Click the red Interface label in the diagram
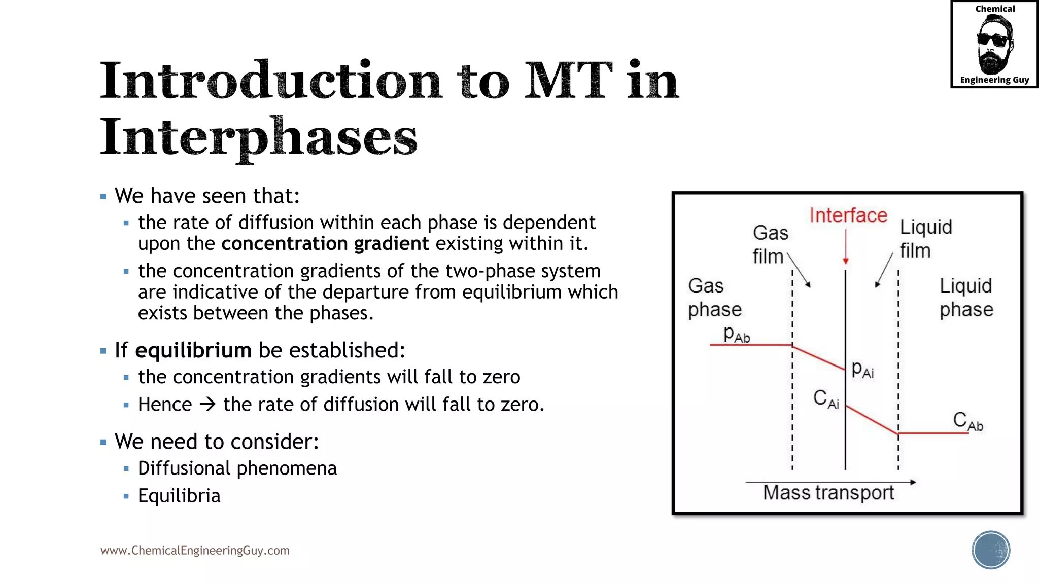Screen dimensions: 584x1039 coord(848,215)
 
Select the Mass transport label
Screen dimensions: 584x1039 coord(828,493)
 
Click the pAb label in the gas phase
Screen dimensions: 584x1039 coord(737,335)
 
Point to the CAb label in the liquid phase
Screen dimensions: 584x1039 coord(967,421)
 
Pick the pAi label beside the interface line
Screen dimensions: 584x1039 coord(862,370)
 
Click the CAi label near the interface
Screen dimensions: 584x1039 coord(826,399)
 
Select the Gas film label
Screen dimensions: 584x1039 coord(770,244)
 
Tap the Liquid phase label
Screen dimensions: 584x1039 coord(966,298)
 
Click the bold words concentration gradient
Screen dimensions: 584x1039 coord(325,244)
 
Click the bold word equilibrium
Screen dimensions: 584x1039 coord(193,350)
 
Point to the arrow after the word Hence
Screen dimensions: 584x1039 coord(207,405)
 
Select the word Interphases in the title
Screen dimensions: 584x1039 coord(258,137)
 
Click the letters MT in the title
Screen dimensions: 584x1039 coord(568,81)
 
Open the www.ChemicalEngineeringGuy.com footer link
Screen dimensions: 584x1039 coord(195,551)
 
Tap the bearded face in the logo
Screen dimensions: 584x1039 coord(994,45)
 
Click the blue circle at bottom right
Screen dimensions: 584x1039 coord(991,550)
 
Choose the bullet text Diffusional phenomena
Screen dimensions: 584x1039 coord(237,468)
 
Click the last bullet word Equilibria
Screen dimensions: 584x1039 coord(179,496)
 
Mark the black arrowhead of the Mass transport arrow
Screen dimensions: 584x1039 coord(913,482)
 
